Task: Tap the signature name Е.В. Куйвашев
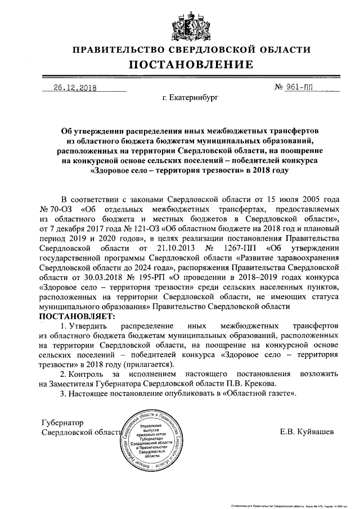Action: point(306,432)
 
